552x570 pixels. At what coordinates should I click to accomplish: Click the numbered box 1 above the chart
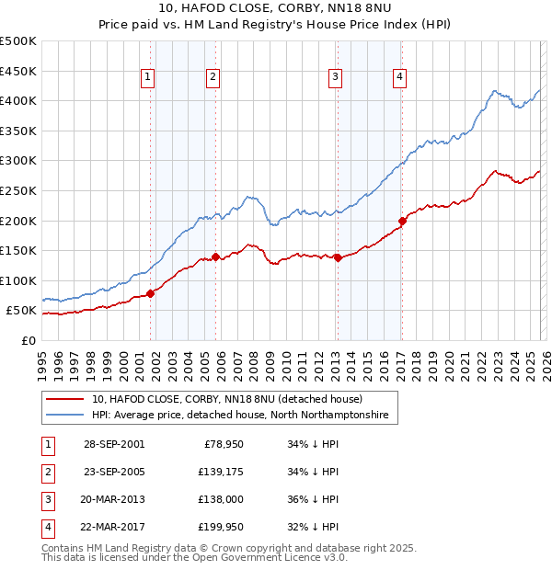pyautogui.click(x=147, y=78)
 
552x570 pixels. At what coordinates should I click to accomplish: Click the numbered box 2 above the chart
pyautogui.click(x=213, y=78)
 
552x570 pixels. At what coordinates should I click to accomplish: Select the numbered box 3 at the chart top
pyautogui.click(x=335, y=78)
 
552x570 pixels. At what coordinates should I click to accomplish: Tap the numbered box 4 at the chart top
pyautogui.click(x=400, y=78)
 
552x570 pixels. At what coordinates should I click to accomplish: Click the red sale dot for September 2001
pyautogui.click(x=150, y=293)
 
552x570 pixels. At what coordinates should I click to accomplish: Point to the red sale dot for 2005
pyautogui.click(x=215, y=257)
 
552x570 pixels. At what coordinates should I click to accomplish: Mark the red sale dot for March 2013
pyautogui.click(x=338, y=257)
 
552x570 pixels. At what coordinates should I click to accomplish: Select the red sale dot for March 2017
pyautogui.click(x=402, y=221)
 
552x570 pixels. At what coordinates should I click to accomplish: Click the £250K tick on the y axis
pyautogui.click(x=18, y=190)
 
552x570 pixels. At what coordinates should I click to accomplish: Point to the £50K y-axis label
pyautogui.click(x=21, y=311)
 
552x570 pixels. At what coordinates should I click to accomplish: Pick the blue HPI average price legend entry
pyautogui.click(x=240, y=416)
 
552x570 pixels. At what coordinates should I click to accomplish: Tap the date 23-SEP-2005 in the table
pyautogui.click(x=114, y=472)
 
